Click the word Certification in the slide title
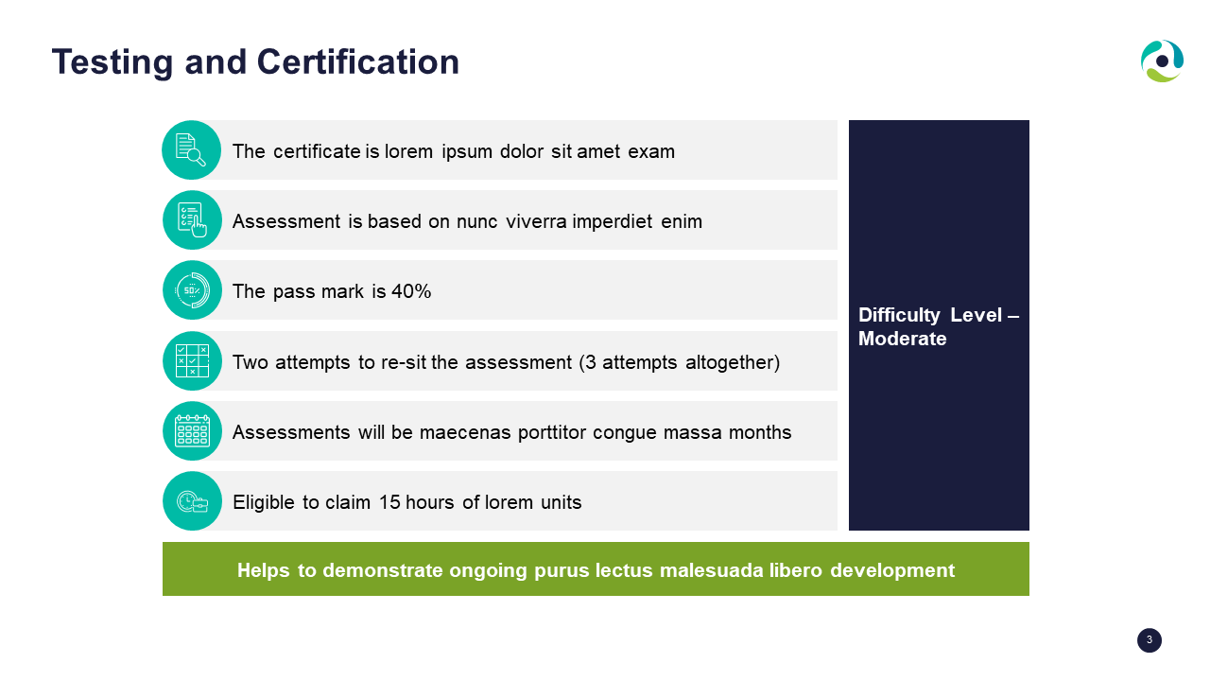coord(357,61)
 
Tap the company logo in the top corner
coord(1162,61)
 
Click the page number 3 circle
coord(1149,640)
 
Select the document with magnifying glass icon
coord(191,149)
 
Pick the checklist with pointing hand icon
coord(192,220)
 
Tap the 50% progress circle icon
coord(192,290)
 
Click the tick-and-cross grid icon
coord(192,360)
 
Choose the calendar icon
coord(192,430)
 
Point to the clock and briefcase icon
coord(192,501)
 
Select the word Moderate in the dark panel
coord(902,339)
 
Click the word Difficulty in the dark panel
coord(899,315)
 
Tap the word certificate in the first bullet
coord(317,151)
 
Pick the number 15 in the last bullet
coord(389,502)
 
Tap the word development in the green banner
coord(892,570)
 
